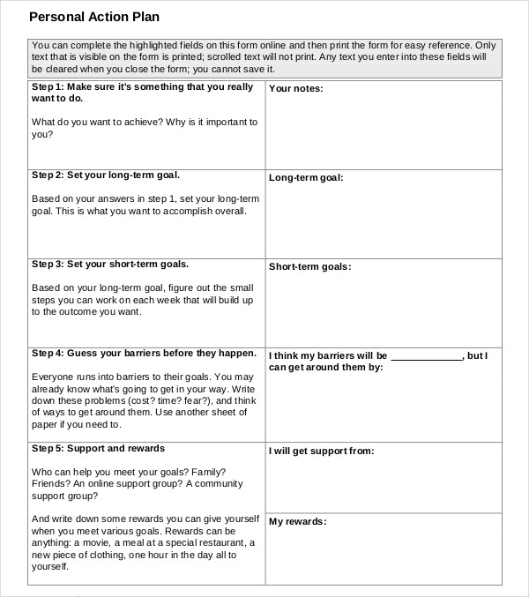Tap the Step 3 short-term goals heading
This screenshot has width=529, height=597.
click(x=110, y=264)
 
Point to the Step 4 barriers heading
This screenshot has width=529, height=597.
click(x=144, y=353)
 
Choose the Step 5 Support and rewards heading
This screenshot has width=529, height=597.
click(x=98, y=448)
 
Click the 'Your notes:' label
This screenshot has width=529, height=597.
click(x=295, y=89)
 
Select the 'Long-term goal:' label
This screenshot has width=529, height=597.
click(x=306, y=177)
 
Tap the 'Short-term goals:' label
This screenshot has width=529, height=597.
click(x=309, y=266)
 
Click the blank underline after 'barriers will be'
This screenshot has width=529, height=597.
click(x=426, y=357)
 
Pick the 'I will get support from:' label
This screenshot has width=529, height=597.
click(x=322, y=451)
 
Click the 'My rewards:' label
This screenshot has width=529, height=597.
click(x=297, y=521)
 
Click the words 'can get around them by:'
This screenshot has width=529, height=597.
click(x=326, y=367)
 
